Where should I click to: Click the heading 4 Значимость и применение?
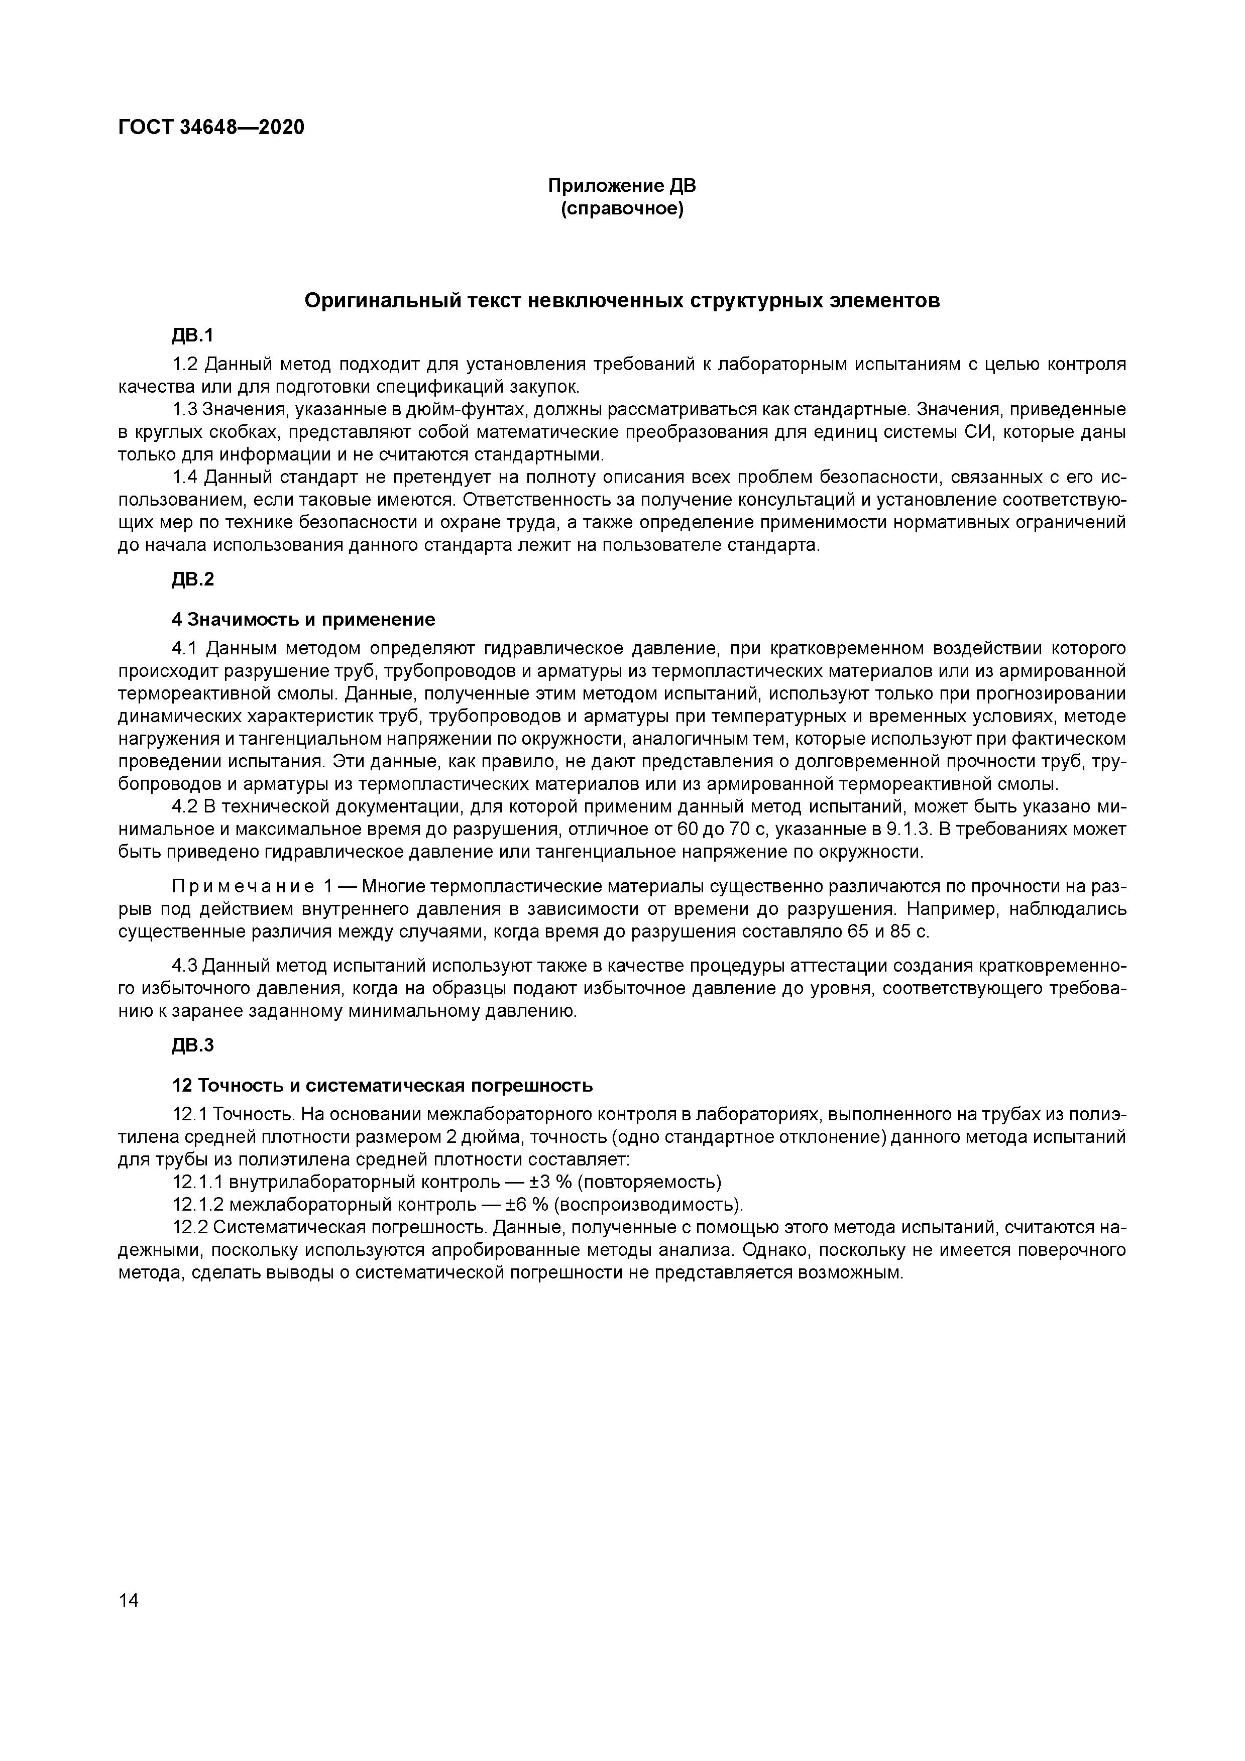point(303,619)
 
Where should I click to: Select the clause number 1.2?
point(185,365)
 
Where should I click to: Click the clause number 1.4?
point(185,478)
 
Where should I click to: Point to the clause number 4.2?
point(185,807)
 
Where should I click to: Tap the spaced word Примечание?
point(243,887)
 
